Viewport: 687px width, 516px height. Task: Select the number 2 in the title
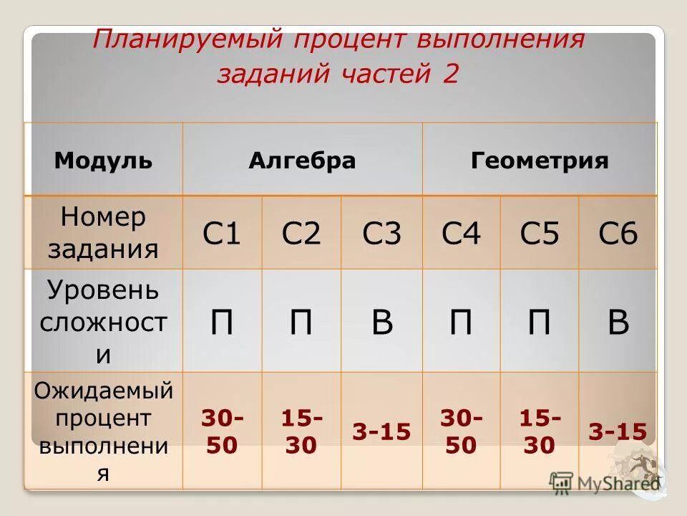point(449,75)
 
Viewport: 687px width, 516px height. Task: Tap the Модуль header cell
point(103,161)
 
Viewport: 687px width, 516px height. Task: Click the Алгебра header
point(302,161)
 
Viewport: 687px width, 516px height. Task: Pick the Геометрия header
point(540,161)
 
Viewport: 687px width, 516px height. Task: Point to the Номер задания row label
point(103,233)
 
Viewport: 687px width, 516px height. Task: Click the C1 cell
point(222,234)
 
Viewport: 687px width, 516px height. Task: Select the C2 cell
point(301,234)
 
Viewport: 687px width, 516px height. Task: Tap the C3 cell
point(381,234)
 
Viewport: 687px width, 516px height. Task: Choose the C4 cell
point(461,234)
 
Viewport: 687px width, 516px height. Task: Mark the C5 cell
point(539,234)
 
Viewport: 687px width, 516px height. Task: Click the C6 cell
point(618,234)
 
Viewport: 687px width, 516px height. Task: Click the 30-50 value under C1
point(222,431)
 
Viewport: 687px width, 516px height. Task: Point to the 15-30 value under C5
point(540,431)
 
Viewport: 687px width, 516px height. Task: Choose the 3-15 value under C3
point(381,431)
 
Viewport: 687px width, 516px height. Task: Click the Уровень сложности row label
point(103,322)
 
